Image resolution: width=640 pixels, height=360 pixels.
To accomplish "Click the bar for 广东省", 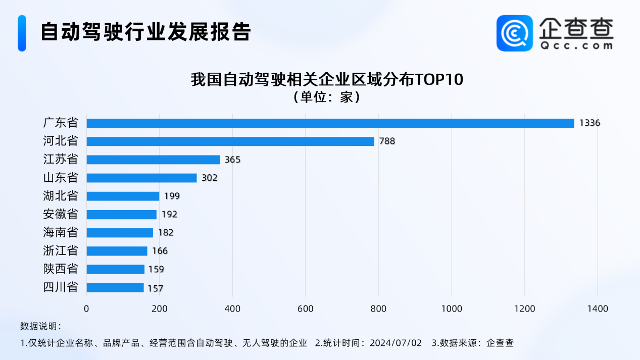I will tap(330, 123).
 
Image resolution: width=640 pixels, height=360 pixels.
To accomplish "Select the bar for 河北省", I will tap(230, 141).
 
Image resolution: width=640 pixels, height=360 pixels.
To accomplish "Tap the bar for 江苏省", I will tap(153, 160).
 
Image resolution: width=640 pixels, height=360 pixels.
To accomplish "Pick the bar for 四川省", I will tap(115, 288).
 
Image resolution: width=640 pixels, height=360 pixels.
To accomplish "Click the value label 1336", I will tap(589, 123).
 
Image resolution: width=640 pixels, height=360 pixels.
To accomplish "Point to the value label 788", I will tap(386, 141).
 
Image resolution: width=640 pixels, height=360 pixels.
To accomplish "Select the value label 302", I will tap(209, 178).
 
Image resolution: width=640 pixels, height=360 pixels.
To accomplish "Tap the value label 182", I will tap(165, 233).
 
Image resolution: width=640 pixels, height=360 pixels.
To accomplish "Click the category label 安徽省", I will tap(61, 214).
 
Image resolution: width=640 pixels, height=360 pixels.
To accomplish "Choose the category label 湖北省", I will tap(61, 196).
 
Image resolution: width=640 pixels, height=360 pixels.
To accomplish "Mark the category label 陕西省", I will tap(61, 269).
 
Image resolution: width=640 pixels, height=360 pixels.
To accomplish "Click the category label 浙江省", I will tap(61, 251).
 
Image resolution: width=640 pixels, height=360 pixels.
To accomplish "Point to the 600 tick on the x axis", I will tap(306, 308).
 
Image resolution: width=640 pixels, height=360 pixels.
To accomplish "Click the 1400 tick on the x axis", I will tap(598, 308).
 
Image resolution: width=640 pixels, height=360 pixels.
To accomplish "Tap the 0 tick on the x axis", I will tap(86, 308).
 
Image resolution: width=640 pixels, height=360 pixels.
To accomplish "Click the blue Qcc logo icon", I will tap(514, 33).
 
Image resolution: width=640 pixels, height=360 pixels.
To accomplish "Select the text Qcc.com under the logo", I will tap(576, 45).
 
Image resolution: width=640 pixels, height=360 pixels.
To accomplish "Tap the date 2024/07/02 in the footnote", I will tap(396, 343).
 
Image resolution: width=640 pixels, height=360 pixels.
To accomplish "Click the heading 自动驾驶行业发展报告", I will tap(145, 32).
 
